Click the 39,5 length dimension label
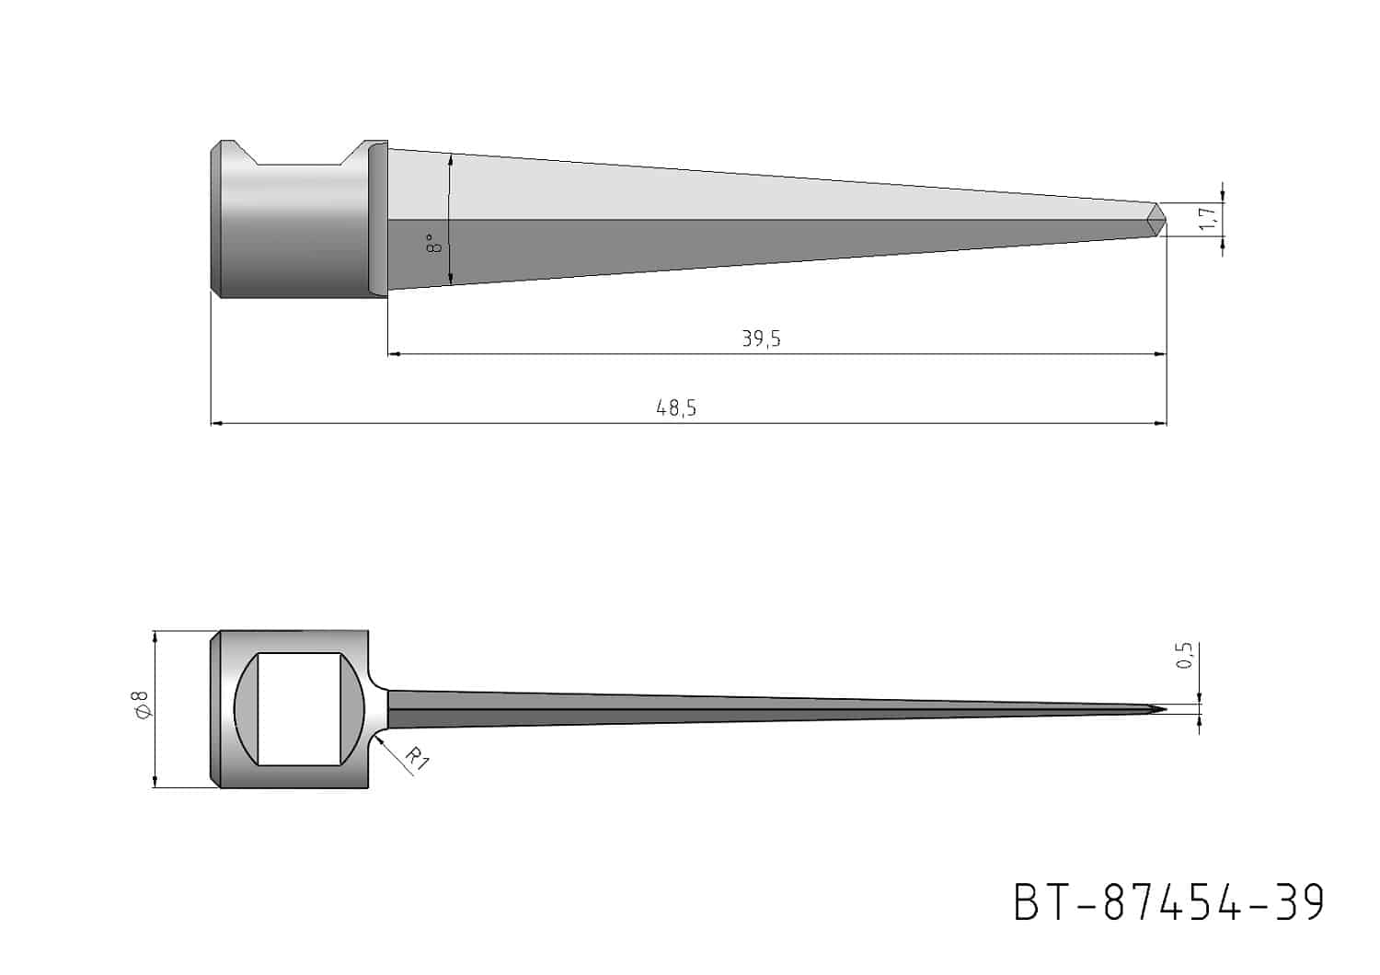761,338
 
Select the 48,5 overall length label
676,407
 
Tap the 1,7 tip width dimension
1208,218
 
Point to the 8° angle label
433,243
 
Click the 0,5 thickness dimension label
1184,655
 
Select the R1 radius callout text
417,759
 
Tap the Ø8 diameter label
141,704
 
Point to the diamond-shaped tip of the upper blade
1156,219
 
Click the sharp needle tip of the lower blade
1165,709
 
